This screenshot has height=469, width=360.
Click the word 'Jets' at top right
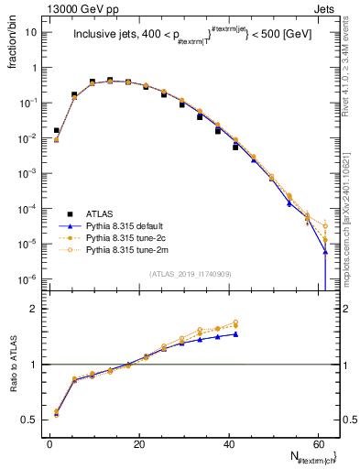pyautogui.click(x=325, y=7)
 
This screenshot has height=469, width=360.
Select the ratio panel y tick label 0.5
pyautogui.click(x=29, y=420)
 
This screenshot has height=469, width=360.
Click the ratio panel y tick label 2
pyautogui.click(x=34, y=309)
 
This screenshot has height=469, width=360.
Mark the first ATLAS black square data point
pyautogui.click(x=57, y=131)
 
